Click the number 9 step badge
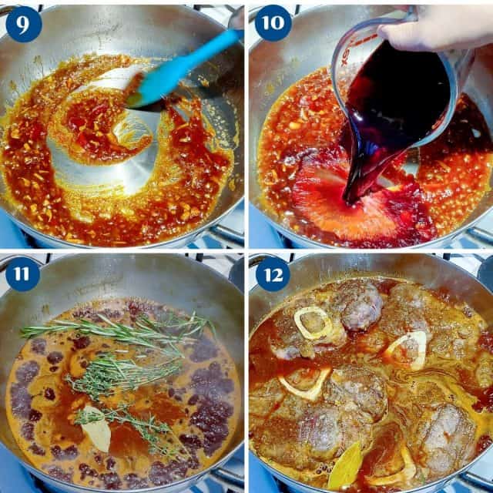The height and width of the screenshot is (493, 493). tap(23, 23)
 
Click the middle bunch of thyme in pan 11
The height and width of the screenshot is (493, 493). tap(116, 374)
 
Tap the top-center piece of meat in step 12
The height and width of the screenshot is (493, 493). tap(356, 304)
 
